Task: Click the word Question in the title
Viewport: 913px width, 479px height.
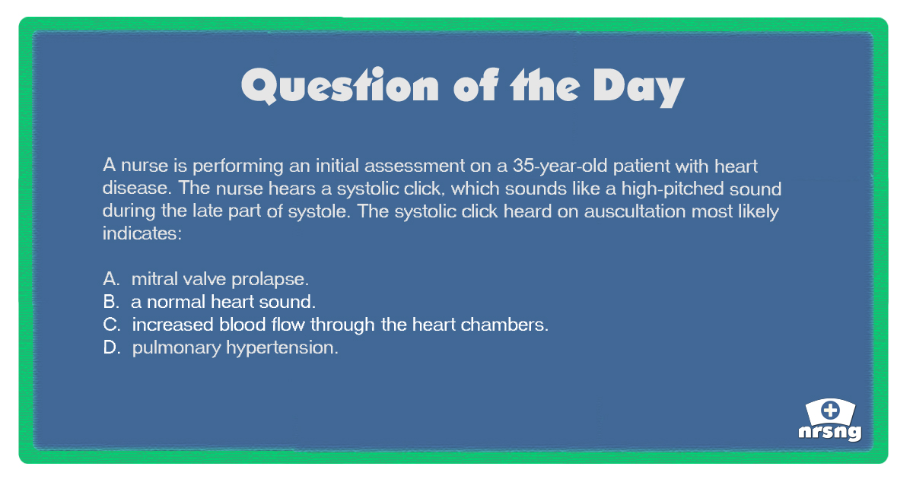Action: tap(340, 86)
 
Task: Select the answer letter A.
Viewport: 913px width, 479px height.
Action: tap(111, 279)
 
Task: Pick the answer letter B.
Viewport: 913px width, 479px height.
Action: tap(111, 302)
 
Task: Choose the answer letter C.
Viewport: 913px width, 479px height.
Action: tap(112, 325)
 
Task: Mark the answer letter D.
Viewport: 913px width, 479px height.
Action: tap(112, 347)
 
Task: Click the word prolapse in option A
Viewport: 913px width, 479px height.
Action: tap(270, 281)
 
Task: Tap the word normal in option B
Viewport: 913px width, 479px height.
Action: tap(176, 302)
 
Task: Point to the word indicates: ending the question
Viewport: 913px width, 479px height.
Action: tap(142, 233)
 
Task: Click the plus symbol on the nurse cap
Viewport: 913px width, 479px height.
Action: tap(831, 410)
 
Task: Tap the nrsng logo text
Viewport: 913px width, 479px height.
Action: tap(830, 433)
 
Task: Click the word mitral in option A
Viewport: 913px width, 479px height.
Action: tap(155, 279)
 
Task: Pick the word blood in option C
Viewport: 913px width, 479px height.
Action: tap(243, 325)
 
